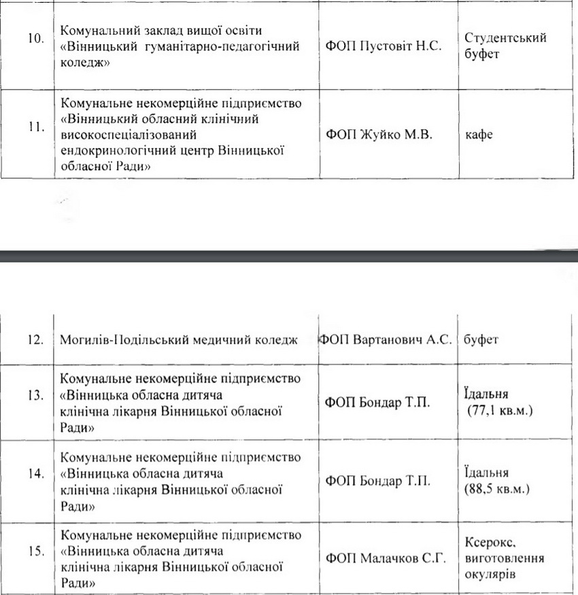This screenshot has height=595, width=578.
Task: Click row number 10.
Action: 35,38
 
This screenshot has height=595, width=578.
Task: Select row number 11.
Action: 35,127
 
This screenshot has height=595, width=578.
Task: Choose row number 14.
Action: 35,474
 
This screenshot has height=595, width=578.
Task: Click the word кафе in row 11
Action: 479,135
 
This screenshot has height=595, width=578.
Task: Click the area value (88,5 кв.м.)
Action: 498,488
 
